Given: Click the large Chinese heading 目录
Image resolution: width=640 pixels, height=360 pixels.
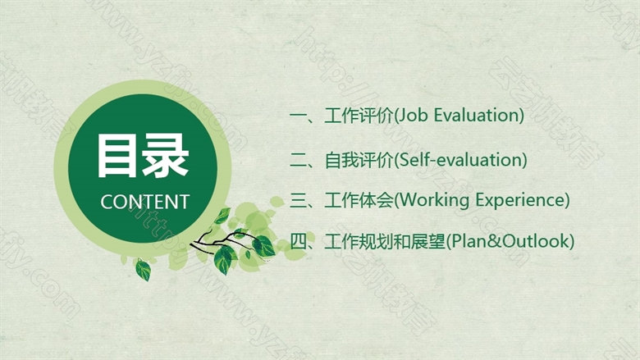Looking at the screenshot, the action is pos(143,156).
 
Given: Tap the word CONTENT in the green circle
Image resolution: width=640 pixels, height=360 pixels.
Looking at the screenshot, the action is pos(145,202).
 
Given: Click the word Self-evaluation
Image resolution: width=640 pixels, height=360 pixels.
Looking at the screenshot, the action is pos(460,159).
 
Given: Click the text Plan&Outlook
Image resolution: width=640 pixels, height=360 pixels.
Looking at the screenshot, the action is pos(510,240).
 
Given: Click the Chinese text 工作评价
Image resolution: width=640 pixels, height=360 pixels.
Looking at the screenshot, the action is pos(359,116).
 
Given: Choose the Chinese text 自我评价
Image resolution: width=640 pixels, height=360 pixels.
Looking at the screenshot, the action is pos(359,160).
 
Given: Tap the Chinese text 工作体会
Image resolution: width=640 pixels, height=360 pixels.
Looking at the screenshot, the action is pos(359,200).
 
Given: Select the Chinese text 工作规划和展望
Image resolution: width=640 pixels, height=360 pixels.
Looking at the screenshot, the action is pos(385,241).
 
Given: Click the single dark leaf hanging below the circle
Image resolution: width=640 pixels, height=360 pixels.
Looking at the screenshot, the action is pos(143,270).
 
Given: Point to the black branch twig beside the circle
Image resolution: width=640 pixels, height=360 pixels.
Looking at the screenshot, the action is pos(221,241).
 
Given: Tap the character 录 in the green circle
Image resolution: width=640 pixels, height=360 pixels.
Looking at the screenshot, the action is pos(165,156).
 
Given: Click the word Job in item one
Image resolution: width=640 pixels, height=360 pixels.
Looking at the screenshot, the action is pos(412,116).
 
